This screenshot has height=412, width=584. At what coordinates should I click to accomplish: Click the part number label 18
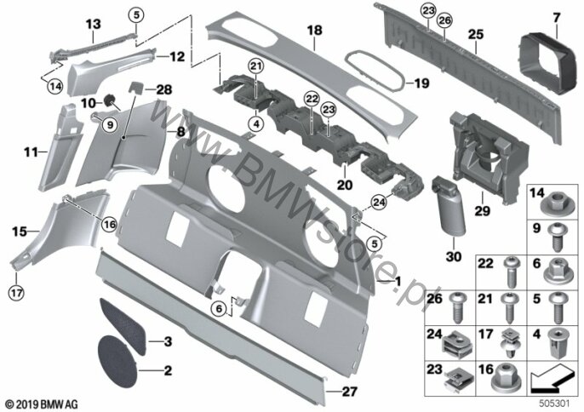pos(314,31)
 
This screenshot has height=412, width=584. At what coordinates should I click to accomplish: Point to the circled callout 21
pos(256,67)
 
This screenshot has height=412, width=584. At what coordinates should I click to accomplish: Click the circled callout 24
pos(379,203)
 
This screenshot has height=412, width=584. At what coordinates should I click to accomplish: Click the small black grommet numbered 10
pos(111,100)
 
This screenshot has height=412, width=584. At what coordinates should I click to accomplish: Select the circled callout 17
pos(17,293)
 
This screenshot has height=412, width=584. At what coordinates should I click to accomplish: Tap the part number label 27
pos(349,391)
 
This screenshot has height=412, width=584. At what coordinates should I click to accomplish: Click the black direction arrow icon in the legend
pos(552,380)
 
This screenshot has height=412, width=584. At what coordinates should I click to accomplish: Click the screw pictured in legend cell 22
pos(510,272)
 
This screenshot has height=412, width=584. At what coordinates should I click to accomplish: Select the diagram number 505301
pos(554,403)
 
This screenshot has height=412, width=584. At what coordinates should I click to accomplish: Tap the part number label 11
pos(31,152)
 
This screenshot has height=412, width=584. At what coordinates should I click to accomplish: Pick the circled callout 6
pos(219,308)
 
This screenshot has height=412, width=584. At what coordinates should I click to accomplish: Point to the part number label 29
pos(482,211)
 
